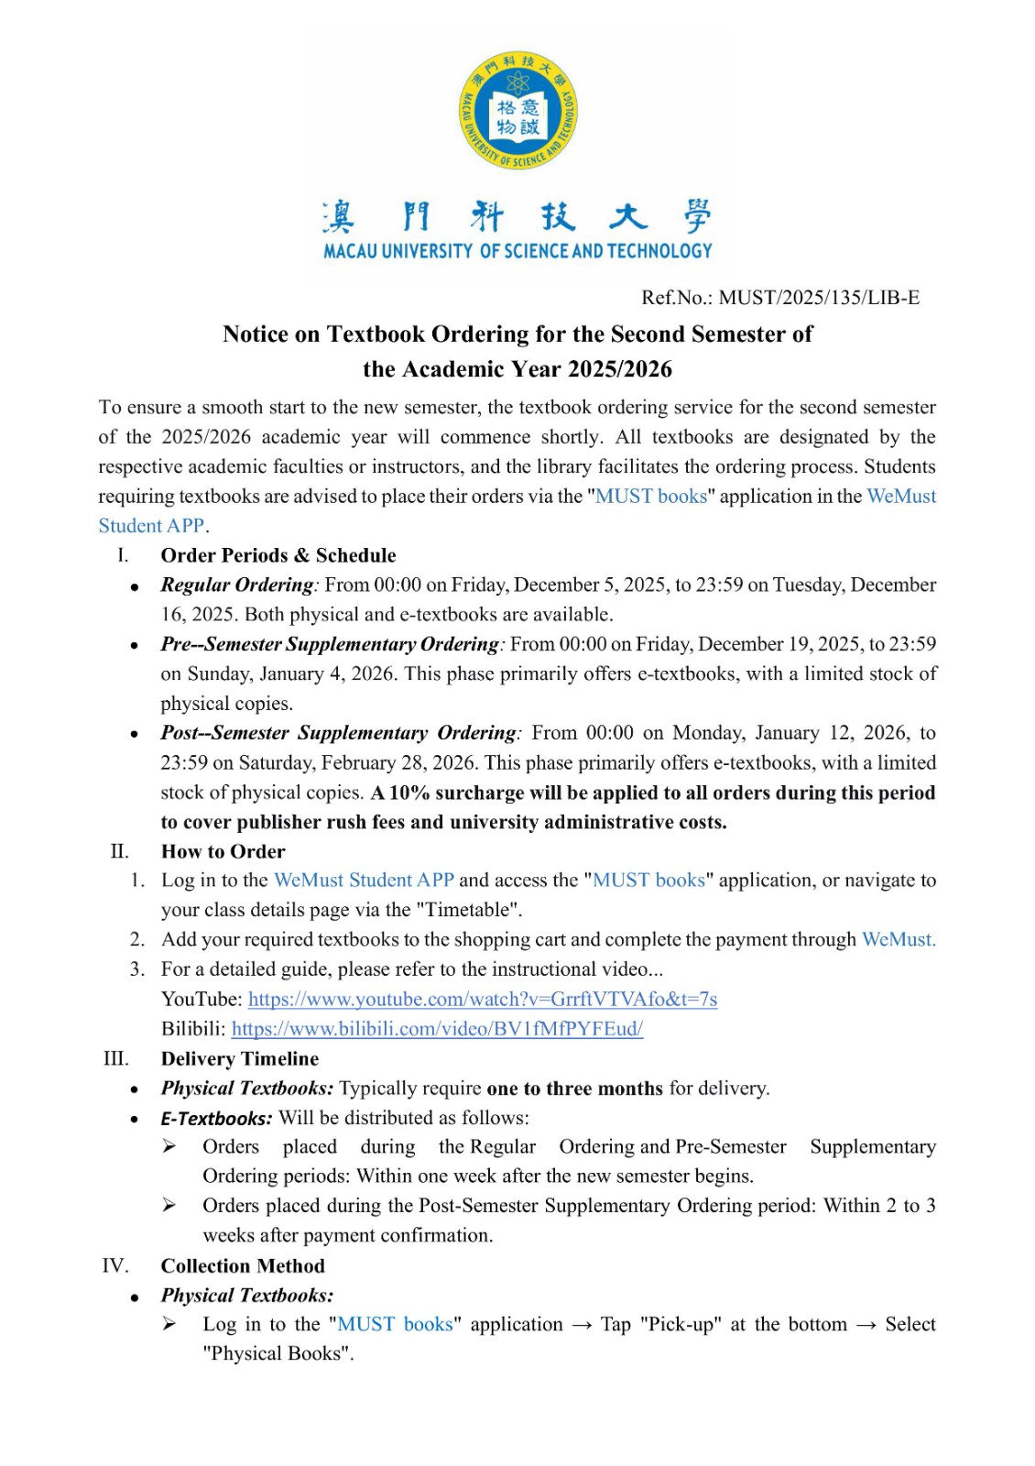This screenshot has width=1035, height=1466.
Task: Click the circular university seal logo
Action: pyautogui.click(x=517, y=111)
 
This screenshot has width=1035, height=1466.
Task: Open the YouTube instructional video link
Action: pyautogui.click(x=483, y=1000)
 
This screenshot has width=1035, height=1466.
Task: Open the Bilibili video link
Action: pyautogui.click(x=437, y=1029)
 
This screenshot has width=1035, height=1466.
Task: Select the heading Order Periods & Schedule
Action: pyautogui.click(x=278, y=555)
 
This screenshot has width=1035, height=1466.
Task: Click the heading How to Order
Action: pyautogui.click(x=223, y=851)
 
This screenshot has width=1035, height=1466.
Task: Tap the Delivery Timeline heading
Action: pyautogui.click(x=240, y=1059)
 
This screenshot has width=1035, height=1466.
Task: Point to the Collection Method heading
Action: pyautogui.click(x=243, y=1266)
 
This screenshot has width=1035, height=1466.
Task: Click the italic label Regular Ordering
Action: pyautogui.click(x=237, y=585)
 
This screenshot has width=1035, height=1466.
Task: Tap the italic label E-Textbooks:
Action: pyautogui.click(x=216, y=1119)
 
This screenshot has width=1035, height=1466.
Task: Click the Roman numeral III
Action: pyautogui.click(x=116, y=1059)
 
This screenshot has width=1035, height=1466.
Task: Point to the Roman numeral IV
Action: pyautogui.click(x=115, y=1266)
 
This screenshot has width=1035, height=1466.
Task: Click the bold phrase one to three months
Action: pyautogui.click(x=574, y=1089)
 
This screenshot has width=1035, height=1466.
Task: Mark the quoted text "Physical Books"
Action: pyautogui.click(x=278, y=1354)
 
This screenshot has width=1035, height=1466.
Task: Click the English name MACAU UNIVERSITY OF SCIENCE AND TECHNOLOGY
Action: pyautogui.click(x=517, y=251)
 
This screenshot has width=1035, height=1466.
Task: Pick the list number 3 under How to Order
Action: pyautogui.click(x=136, y=969)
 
